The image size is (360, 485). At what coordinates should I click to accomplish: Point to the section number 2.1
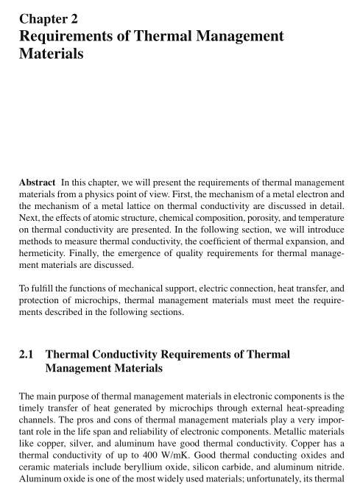(27, 354)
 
